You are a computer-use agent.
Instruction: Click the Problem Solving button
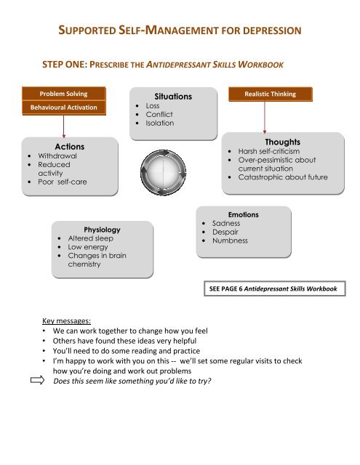pos(65,94)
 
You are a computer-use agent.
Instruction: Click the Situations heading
pos(173,97)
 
